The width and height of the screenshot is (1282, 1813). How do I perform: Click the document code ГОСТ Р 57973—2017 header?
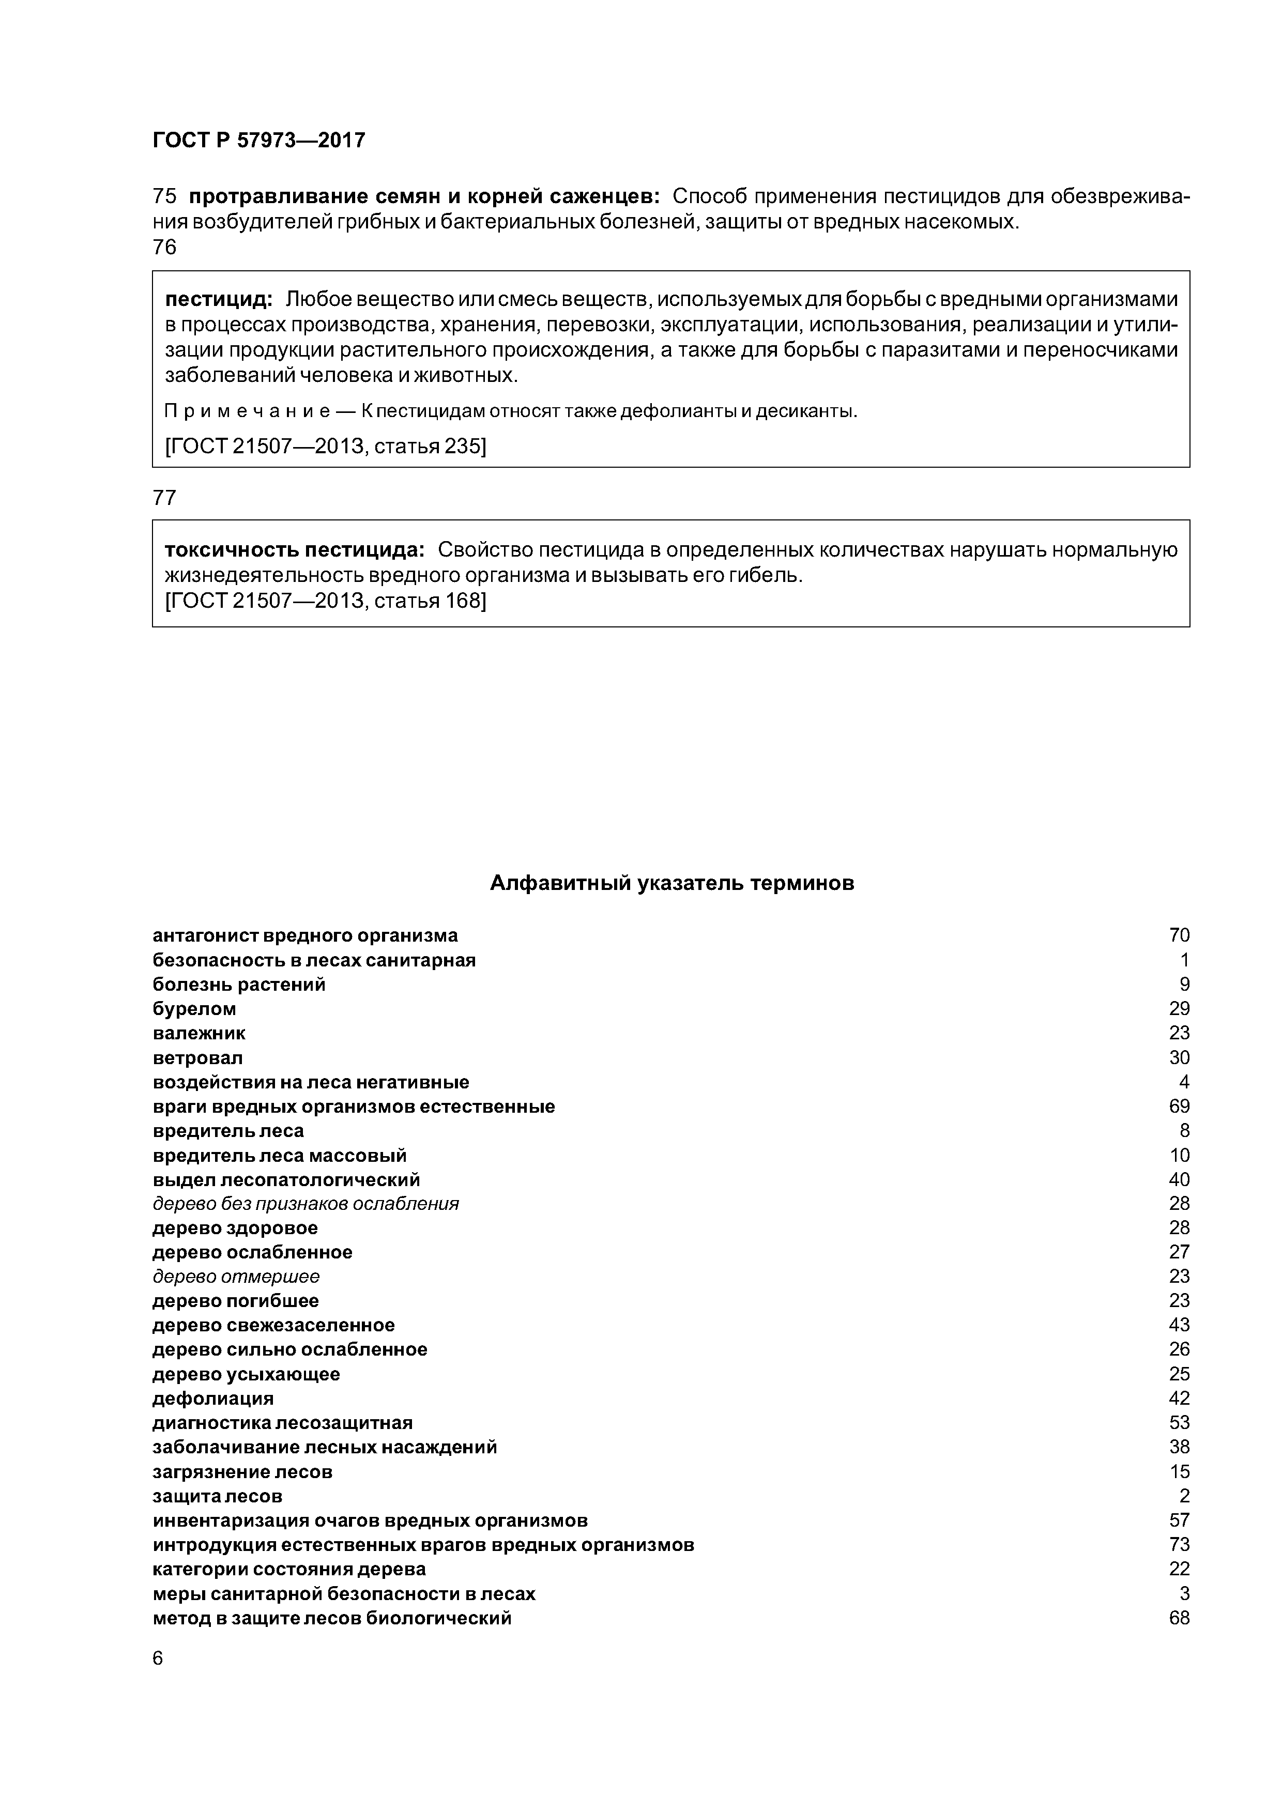click(x=258, y=141)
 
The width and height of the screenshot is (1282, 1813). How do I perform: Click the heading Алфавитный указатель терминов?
click(x=671, y=883)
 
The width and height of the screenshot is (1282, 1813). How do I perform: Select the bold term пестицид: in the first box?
click(x=218, y=299)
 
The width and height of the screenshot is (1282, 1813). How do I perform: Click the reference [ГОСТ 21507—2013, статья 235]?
click(x=326, y=447)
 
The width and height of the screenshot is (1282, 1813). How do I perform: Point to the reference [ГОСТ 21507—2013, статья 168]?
click(x=326, y=601)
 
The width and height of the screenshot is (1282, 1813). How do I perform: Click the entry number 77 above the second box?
click(x=164, y=498)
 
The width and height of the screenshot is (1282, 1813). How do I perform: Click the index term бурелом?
click(x=194, y=1009)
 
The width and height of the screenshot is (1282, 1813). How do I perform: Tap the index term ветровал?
click(x=197, y=1057)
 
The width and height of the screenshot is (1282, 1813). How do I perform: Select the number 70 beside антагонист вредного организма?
click(x=1179, y=936)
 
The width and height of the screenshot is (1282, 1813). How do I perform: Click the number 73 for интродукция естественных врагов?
click(x=1179, y=1545)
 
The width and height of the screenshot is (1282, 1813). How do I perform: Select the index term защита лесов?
click(x=217, y=1496)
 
